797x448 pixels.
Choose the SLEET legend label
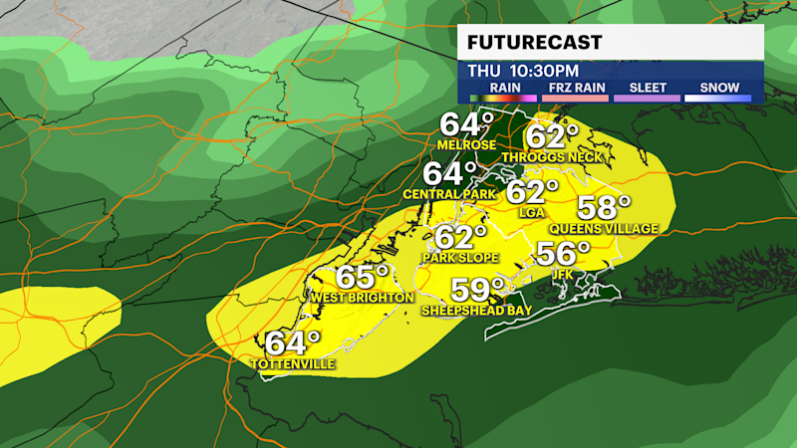(648, 88)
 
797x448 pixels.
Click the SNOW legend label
(718, 88)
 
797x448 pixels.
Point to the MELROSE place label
(467, 144)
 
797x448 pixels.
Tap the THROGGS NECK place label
(553, 157)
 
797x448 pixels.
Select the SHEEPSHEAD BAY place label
(476, 311)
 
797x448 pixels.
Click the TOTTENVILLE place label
(293, 364)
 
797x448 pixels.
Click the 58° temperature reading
(605, 209)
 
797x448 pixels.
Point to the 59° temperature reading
(479, 290)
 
